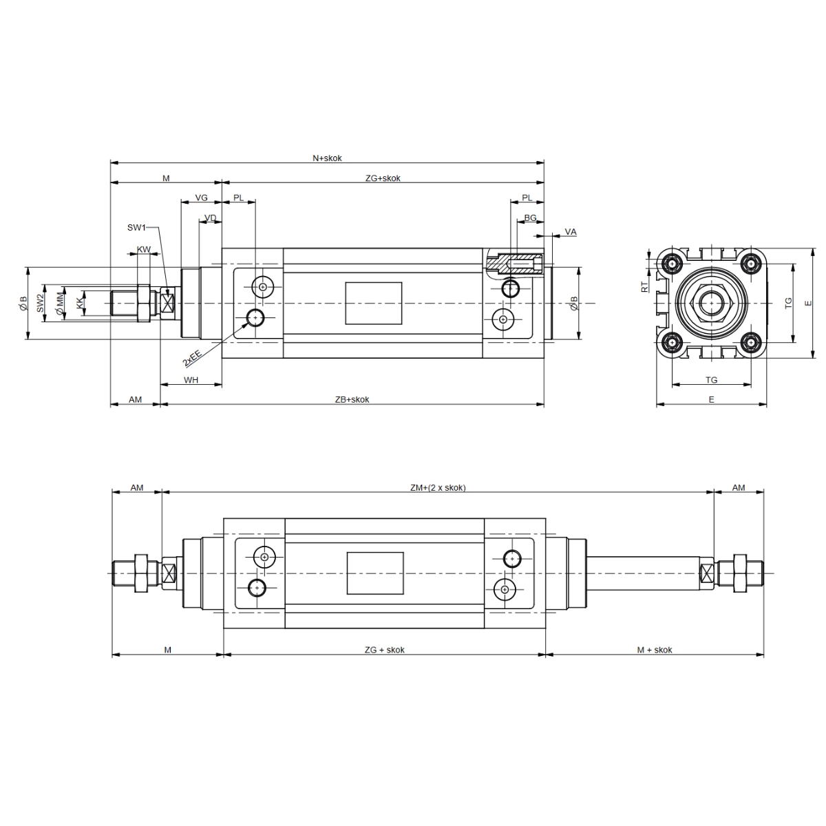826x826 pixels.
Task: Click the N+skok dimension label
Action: pyautogui.click(x=327, y=158)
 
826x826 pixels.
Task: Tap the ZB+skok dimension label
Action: pyautogui.click(x=352, y=399)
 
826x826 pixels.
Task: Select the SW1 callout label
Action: pyautogui.click(x=136, y=228)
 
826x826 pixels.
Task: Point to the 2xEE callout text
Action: pyautogui.click(x=192, y=359)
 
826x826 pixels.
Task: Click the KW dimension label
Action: pyautogui.click(x=144, y=249)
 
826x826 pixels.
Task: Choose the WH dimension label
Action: pyautogui.click(x=191, y=380)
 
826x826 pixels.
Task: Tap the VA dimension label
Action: pyautogui.click(x=571, y=232)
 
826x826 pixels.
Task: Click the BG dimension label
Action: pyautogui.click(x=530, y=218)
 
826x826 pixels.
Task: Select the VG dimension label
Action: pyautogui.click(x=201, y=198)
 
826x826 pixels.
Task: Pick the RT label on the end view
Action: pyautogui.click(x=645, y=287)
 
